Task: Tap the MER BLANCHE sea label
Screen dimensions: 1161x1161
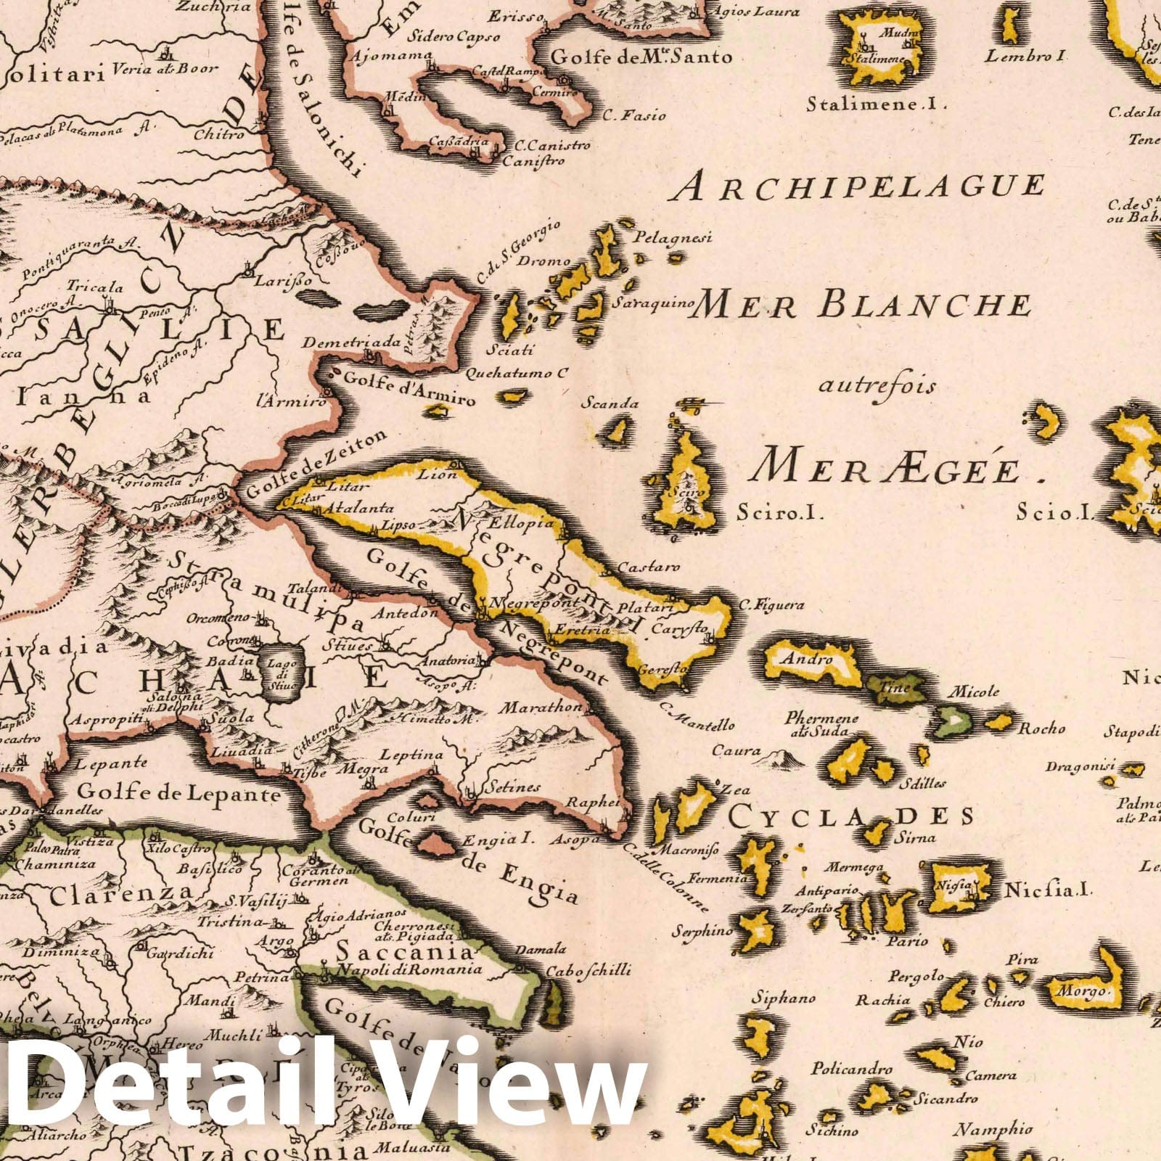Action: pos(862,305)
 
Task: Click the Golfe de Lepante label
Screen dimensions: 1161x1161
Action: pos(179,794)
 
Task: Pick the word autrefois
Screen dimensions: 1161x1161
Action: pos(877,385)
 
